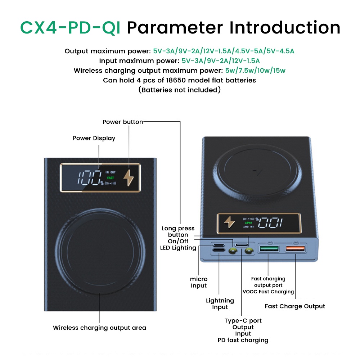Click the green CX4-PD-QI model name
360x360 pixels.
click(x=70, y=28)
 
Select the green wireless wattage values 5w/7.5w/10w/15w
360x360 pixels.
click(x=255, y=71)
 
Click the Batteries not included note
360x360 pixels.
click(x=180, y=90)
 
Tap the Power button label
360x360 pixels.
click(x=123, y=122)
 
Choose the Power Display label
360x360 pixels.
click(x=94, y=138)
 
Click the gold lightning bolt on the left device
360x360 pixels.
click(x=129, y=177)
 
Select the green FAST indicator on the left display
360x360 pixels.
click(x=111, y=178)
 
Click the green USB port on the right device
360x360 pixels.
click(x=269, y=249)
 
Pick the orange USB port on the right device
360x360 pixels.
click(x=295, y=248)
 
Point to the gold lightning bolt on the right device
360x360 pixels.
click(x=229, y=222)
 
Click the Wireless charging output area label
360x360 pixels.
click(x=99, y=328)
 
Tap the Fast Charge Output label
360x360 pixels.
click(x=295, y=306)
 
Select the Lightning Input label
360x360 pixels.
click(x=220, y=304)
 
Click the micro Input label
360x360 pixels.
click(x=199, y=282)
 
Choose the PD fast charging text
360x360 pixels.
click(x=243, y=340)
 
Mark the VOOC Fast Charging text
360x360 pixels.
click(x=268, y=292)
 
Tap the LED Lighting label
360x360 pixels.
click(x=178, y=248)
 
